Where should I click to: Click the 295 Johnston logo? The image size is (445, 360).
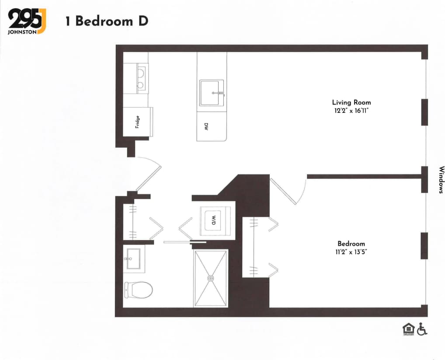pos(27,21)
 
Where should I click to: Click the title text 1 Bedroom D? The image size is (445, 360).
pos(107,21)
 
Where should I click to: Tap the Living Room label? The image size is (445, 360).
pos(351,102)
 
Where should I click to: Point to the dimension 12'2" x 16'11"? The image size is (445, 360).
pos(351,111)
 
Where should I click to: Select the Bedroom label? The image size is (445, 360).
pos(351,244)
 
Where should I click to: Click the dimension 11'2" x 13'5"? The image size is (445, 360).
pos(351,252)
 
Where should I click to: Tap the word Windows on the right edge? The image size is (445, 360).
pos(441,179)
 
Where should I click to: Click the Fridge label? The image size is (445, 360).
pos(137,122)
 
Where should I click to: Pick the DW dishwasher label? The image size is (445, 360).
pos(206,126)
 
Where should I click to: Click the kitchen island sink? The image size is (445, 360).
pos(212,93)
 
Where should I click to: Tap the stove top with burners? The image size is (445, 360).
pos(140,78)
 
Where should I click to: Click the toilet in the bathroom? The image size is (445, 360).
pos(138,289)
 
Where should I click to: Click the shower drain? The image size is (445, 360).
pos(211,278)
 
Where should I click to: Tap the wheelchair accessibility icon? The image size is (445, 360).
pos(422,329)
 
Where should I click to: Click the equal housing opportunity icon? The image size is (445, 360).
pos(408,329)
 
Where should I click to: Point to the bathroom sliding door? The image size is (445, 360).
pos(184,242)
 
